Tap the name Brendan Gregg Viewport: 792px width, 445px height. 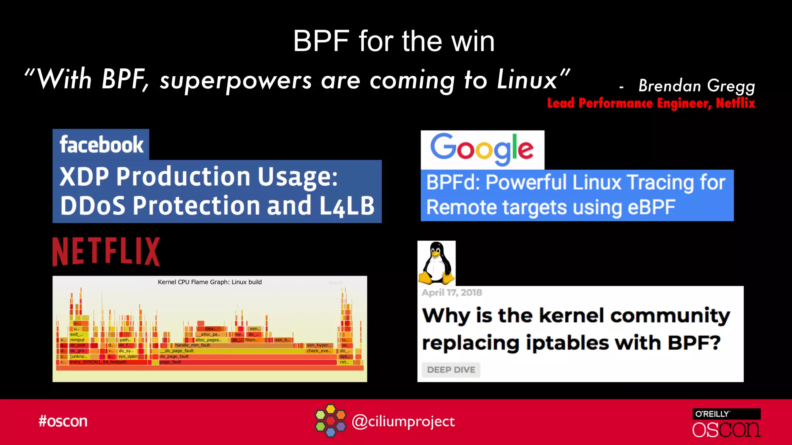click(696, 85)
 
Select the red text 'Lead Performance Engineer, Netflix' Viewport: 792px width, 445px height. click(651, 103)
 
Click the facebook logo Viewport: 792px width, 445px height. click(101, 144)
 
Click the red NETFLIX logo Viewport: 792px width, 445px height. click(106, 251)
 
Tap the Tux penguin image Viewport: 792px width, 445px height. click(437, 263)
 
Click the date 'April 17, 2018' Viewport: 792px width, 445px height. click(452, 292)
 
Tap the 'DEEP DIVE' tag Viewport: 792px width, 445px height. click(451, 370)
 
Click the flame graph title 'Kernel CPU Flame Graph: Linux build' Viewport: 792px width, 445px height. click(210, 282)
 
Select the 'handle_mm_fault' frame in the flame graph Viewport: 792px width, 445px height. click(192, 345)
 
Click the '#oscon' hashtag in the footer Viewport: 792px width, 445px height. click(63, 421)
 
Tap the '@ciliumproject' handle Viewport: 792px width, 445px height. click(403, 421)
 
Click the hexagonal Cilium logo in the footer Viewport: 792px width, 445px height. click(330, 421)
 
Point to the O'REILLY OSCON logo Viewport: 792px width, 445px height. click(726, 423)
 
